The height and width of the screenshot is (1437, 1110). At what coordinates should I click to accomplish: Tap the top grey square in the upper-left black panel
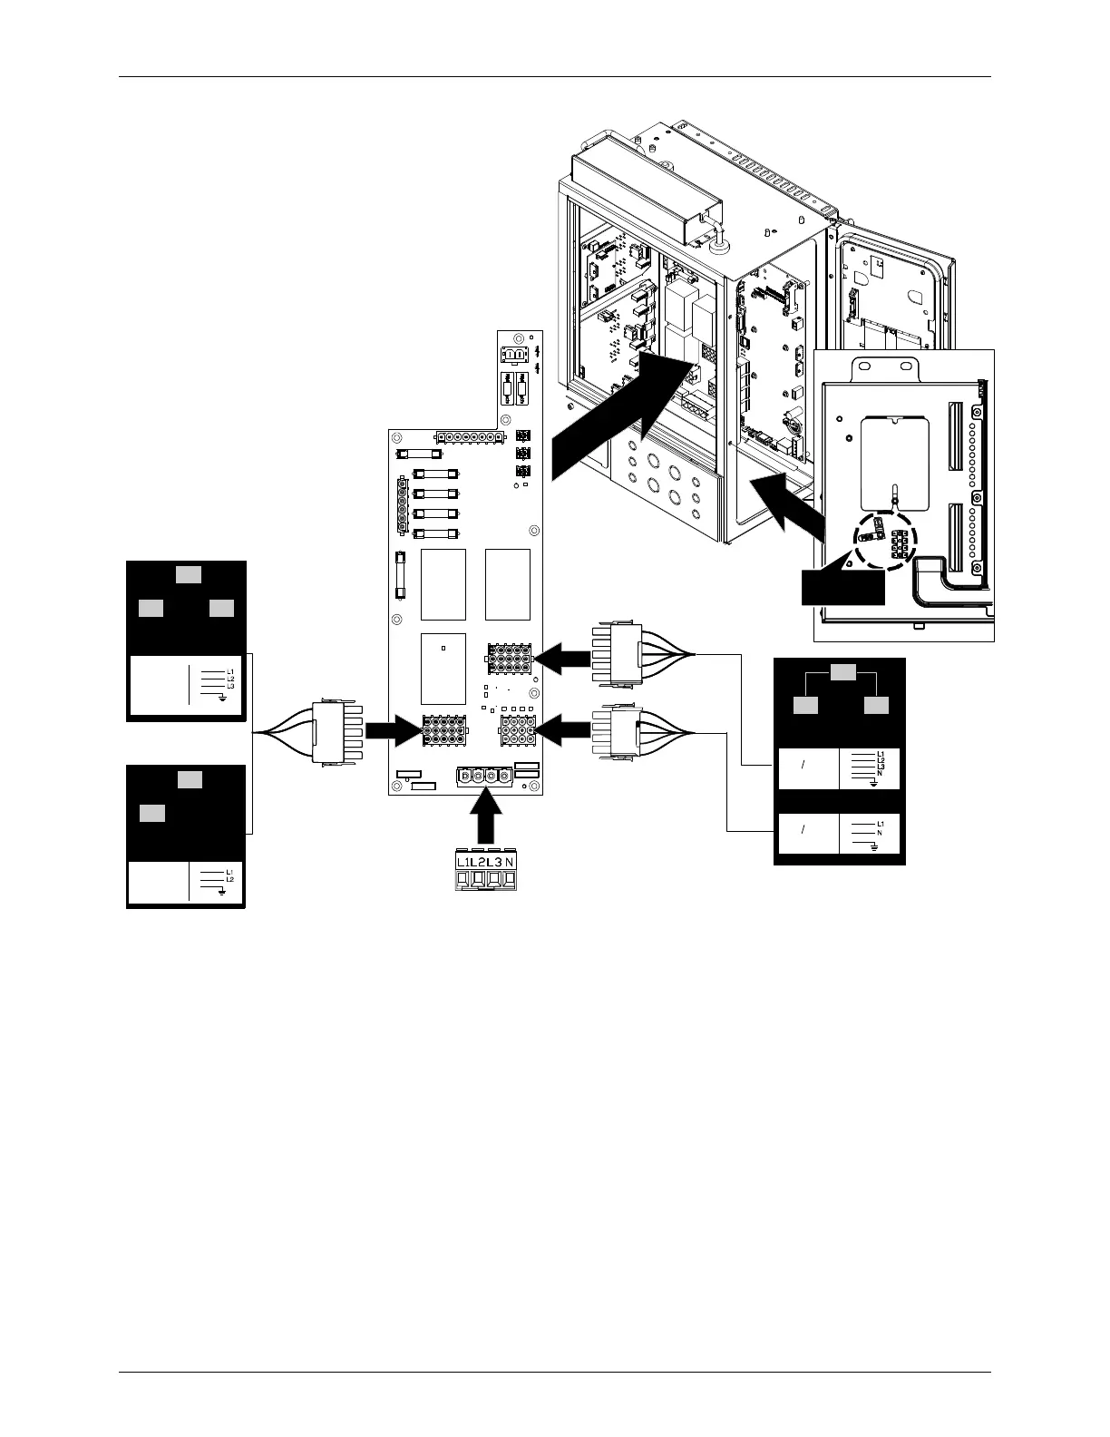click(x=189, y=573)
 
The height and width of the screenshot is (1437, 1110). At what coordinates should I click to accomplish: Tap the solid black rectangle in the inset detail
click(x=842, y=590)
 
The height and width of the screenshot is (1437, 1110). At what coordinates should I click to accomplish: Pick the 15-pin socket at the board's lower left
click(x=444, y=730)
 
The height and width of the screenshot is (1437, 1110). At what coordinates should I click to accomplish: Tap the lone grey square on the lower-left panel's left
click(x=152, y=813)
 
